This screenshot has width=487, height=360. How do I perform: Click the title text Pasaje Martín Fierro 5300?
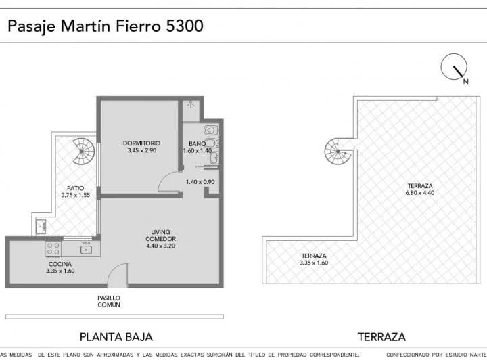click(105, 26)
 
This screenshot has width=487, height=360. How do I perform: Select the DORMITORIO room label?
click(141, 143)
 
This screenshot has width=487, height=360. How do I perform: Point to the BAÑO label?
click(197, 143)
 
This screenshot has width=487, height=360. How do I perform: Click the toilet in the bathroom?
click(210, 129)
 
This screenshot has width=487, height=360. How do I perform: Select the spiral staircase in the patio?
click(85, 152)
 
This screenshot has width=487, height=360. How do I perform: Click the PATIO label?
click(74, 188)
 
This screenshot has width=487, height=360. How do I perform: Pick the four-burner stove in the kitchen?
click(52, 248)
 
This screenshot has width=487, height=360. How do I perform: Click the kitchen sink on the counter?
click(87, 250)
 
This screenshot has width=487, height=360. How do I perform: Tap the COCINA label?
click(60, 264)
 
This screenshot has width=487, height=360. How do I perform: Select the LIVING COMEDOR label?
click(161, 235)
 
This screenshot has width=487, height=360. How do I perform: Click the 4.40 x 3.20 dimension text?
click(161, 246)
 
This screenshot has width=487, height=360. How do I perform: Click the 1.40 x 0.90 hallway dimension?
click(200, 181)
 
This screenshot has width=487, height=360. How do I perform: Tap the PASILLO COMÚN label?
click(108, 301)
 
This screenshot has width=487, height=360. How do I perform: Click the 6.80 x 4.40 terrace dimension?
click(419, 193)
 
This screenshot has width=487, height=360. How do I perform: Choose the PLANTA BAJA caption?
click(116, 336)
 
